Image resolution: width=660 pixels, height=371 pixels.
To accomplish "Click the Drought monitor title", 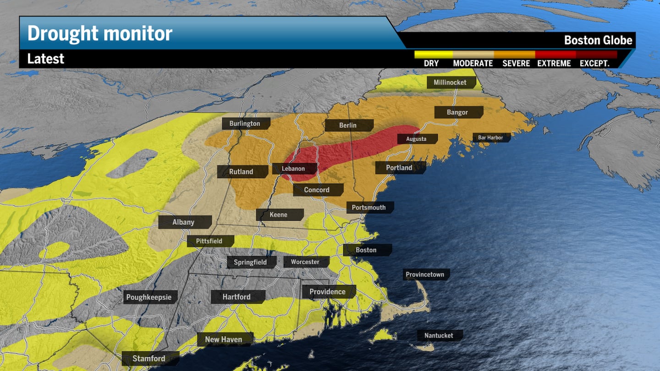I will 99,33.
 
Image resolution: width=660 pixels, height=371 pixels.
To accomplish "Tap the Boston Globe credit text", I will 598,40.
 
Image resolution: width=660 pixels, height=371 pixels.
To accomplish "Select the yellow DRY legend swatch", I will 433,54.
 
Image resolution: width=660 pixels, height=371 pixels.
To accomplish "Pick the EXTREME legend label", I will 554,63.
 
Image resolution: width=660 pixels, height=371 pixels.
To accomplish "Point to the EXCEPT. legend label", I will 594,63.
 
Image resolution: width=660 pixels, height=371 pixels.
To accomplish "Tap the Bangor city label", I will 457,112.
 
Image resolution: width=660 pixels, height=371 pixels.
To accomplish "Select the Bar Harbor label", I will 490,137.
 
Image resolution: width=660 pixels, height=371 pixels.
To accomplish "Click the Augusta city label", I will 416,139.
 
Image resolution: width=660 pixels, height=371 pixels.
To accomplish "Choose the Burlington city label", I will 245,124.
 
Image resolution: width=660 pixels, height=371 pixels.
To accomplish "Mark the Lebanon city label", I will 293,169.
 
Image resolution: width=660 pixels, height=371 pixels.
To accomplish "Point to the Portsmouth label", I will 368,207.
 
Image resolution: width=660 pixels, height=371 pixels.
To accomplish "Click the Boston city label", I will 366,250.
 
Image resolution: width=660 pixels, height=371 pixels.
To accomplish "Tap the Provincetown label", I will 425,275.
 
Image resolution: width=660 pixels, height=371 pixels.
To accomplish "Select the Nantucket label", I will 439,336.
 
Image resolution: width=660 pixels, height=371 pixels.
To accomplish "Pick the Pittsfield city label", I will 209,241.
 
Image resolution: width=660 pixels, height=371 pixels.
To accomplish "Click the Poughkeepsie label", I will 149,297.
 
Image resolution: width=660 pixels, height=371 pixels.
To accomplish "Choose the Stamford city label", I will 148,359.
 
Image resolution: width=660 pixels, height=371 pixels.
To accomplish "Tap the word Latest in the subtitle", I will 46,59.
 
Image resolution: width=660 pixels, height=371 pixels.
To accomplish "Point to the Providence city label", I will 327,292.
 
